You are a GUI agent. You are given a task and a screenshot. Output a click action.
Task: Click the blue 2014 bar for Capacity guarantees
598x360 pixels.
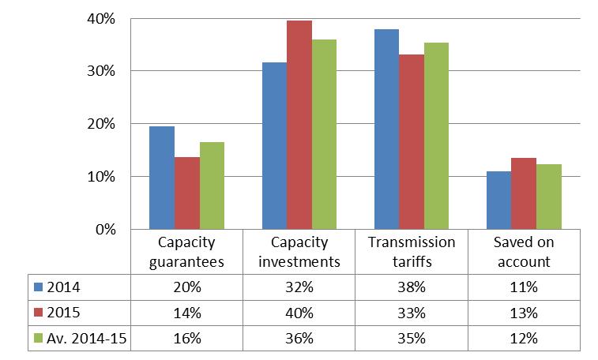[x=162, y=178]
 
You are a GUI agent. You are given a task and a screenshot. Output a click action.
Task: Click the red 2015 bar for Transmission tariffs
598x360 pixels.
[x=412, y=142]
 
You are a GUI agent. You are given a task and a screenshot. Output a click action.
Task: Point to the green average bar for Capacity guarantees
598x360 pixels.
[x=212, y=186]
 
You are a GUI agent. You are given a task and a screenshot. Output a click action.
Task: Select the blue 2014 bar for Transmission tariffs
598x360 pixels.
[x=386, y=129]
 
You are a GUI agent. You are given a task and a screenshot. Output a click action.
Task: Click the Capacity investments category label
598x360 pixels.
[x=299, y=252]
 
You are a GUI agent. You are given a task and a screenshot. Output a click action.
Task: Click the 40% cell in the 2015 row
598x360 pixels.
[x=299, y=312]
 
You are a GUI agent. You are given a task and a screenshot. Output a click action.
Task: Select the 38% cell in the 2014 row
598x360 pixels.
[x=412, y=285]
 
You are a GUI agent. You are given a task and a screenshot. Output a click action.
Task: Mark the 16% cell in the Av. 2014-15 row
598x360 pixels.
[x=186, y=339]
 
